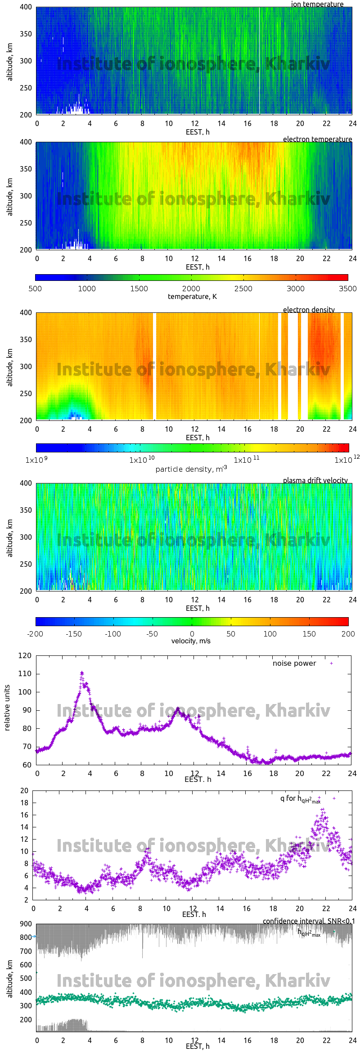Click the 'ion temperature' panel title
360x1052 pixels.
pyautogui.click(x=317, y=4)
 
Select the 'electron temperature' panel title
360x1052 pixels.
pyautogui.click(x=317, y=139)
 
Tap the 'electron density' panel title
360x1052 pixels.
pyautogui.click(x=309, y=310)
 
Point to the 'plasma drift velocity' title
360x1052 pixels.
pyautogui.click(x=315, y=480)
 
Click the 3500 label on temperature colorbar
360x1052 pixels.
pyautogui.click(x=347, y=289)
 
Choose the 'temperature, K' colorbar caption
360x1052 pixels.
pyautogui.click(x=192, y=297)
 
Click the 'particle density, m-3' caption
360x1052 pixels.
pyautogui.click(x=191, y=469)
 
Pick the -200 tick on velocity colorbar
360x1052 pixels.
pyautogui.click(x=35, y=634)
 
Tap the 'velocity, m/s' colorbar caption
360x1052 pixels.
pyautogui.click(x=191, y=641)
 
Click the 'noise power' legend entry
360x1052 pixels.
pyautogui.click(x=294, y=664)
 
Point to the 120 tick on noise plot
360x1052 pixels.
pyautogui.click(x=25, y=656)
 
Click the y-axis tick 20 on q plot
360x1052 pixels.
pyautogui.click(x=24, y=790)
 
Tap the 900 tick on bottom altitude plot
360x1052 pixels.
pyautogui.click(x=26, y=924)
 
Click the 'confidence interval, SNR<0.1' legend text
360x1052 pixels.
pyautogui.click(x=309, y=921)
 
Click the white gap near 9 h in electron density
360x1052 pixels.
pyautogui.click(x=154, y=366)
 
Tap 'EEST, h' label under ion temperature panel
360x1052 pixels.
pyautogui.click(x=198, y=132)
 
